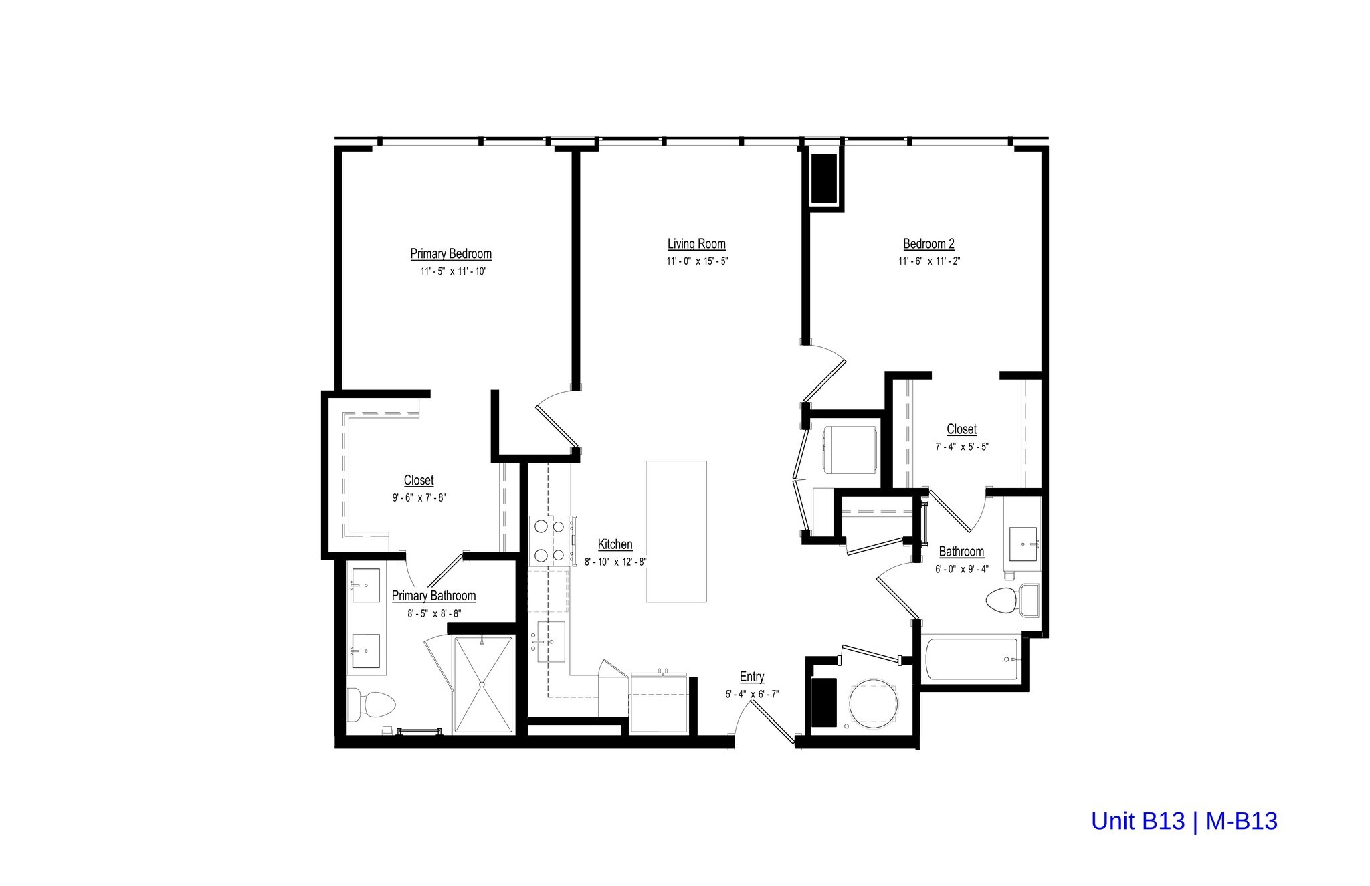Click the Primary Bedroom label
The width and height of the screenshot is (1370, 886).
451,254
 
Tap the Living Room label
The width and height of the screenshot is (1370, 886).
696,244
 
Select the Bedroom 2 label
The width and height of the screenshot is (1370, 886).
928,244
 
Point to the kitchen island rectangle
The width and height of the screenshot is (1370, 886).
676,532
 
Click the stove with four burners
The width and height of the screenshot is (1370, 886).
549,540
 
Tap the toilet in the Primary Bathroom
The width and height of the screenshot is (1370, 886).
371,704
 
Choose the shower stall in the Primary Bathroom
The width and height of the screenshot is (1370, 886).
483,684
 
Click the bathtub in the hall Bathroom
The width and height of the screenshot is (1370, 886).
971,659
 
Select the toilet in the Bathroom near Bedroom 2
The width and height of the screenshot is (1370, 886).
1004,599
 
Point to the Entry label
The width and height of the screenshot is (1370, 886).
752,677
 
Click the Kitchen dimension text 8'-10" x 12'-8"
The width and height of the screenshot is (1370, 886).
615,562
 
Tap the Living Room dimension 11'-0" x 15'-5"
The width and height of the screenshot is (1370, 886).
696,261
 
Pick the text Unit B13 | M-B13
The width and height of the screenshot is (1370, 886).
1184,821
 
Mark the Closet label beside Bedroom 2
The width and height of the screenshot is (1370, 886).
961,429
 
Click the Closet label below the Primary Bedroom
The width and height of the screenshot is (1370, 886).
419,481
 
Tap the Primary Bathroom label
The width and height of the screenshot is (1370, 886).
433,596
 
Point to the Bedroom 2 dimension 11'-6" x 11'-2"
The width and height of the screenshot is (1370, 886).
928,261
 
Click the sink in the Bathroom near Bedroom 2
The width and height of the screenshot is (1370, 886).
1022,544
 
